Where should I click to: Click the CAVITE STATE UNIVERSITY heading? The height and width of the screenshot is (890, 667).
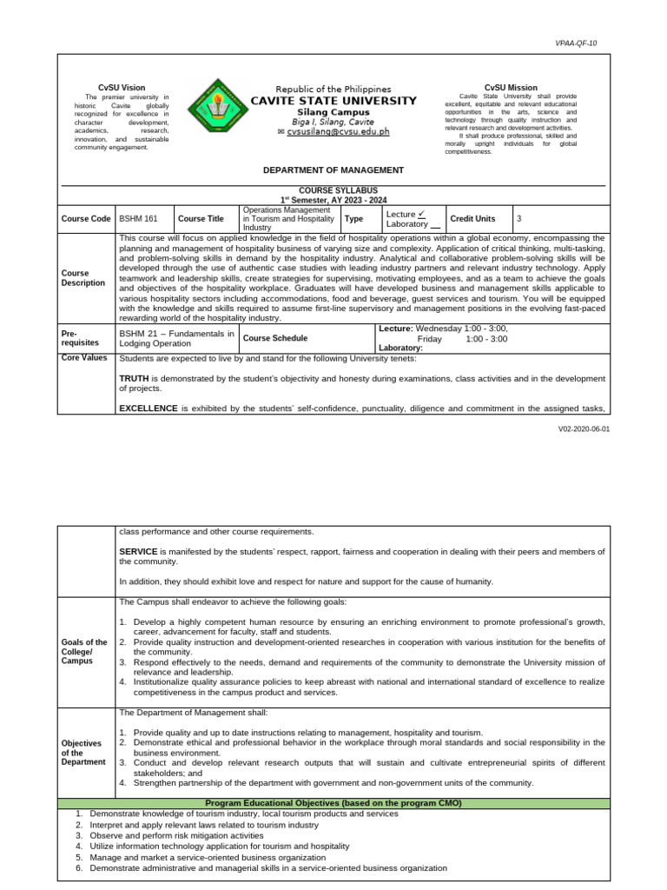(333, 101)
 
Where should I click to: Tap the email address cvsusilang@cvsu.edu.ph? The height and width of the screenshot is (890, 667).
(333, 132)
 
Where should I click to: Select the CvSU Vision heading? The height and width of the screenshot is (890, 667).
(122, 88)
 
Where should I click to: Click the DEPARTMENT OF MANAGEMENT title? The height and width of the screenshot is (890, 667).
(333, 170)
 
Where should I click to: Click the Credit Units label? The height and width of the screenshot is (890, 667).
(472, 219)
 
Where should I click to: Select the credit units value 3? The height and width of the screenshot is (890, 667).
(519, 219)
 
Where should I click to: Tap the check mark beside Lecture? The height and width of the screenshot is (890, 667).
(420, 213)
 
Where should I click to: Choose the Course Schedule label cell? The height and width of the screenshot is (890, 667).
(274, 338)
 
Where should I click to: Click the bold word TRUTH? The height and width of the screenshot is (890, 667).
(135, 380)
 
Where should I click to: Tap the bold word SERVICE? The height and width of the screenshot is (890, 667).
(138, 552)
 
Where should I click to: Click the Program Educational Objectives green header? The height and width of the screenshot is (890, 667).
(333, 803)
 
